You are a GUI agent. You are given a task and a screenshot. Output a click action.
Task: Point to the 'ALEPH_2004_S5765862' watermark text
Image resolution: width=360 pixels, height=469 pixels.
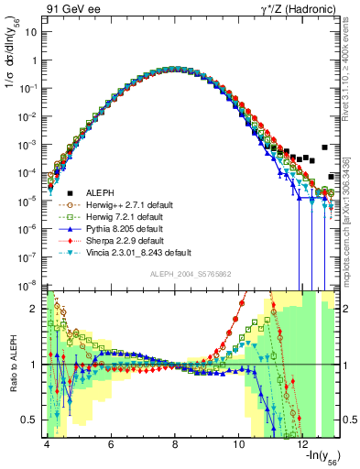(191, 275)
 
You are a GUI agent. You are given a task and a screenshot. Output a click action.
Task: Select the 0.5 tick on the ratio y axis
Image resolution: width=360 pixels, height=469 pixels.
(29, 420)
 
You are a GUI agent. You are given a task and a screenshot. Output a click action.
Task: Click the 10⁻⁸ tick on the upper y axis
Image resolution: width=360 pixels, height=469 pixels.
(27, 286)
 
